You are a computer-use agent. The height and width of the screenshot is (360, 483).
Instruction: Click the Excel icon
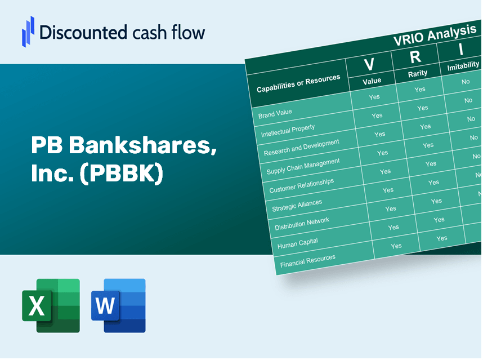point(51,305)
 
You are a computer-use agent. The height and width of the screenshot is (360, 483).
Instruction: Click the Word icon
point(118,305)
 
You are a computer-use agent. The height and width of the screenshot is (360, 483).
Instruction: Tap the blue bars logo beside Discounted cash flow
point(28,32)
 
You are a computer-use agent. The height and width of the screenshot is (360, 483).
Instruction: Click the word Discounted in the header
point(83,32)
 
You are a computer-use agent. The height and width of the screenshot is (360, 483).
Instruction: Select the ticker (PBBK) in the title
point(122,173)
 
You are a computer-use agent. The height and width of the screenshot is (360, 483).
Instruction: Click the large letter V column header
point(369,64)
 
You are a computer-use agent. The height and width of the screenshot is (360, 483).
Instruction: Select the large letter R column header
point(415,57)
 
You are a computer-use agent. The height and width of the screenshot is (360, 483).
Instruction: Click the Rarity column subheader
point(418,74)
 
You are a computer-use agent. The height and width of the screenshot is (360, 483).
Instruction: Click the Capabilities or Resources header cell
point(298,83)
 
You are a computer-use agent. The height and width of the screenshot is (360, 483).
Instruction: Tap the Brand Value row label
point(275,114)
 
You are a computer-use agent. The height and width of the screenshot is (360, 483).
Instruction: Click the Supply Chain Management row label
point(303,166)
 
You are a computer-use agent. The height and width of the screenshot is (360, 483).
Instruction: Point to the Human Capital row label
point(297,243)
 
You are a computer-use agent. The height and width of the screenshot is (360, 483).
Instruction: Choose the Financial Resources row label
point(307,261)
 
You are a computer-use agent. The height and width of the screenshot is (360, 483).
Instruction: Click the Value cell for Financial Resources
point(396,246)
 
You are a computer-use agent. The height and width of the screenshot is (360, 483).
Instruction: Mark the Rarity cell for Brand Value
point(419,90)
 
